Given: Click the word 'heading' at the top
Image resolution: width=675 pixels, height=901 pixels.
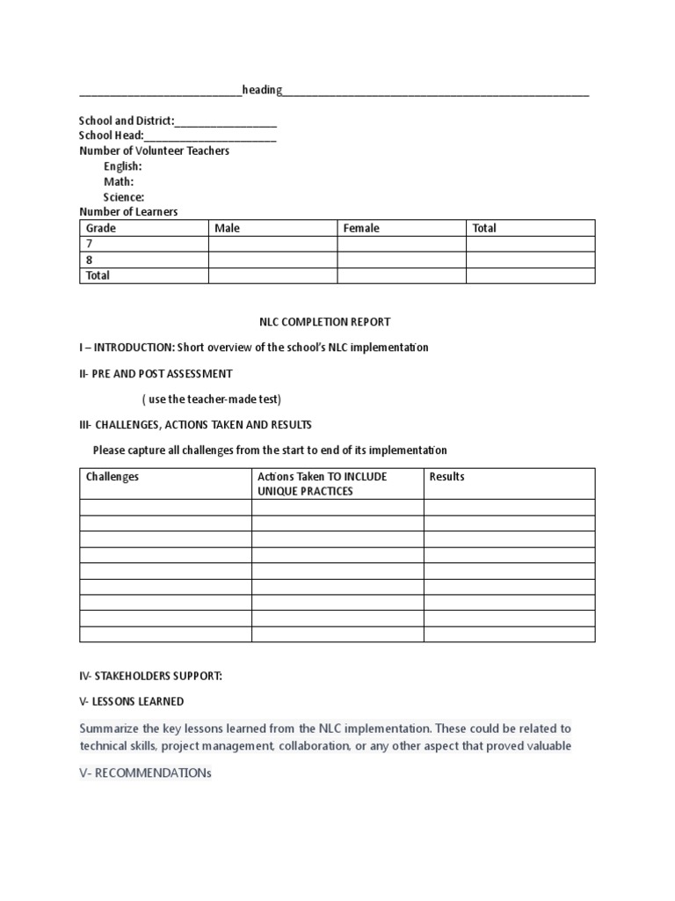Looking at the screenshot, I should [x=262, y=91].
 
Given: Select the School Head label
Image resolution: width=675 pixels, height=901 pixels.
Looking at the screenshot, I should [x=111, y=136].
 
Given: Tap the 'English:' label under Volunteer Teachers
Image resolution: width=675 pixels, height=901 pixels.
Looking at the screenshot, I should [x=122, y=166].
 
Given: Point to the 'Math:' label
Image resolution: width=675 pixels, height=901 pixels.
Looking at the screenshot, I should [x=119, y=182].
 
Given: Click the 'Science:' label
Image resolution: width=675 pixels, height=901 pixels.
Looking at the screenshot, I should [x=124, y=197].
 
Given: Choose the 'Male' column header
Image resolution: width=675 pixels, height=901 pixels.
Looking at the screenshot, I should [x=228, y=228].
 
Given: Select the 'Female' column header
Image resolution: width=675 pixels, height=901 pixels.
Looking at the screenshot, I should [x=361, y=228].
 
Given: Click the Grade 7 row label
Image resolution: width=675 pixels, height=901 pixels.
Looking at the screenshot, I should [x=89, y=244].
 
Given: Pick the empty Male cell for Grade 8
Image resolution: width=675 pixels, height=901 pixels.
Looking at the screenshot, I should [x=272, y=260].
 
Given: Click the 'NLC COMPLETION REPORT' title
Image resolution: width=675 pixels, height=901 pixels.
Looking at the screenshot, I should [x=337, y=322].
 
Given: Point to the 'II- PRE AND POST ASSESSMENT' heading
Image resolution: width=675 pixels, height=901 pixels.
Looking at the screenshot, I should [x=156, y=374].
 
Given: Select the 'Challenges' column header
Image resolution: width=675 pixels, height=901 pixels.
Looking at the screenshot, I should [x=112, y=477].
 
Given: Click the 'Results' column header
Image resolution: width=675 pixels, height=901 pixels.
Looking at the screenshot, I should [x=447, y=477].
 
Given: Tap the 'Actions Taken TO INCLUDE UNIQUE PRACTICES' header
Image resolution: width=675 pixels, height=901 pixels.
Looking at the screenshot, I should [x=322, y=483].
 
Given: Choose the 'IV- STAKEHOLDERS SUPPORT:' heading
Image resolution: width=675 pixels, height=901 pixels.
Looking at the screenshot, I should [x=150, y=676].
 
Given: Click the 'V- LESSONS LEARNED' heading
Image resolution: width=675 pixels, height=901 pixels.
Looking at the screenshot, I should [x=132, y=701].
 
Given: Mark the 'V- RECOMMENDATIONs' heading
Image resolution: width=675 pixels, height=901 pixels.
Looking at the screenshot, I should [x=145, y=773].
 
